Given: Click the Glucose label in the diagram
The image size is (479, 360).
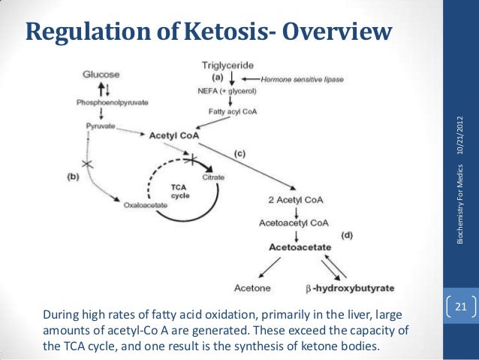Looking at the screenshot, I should [x=101, y=74].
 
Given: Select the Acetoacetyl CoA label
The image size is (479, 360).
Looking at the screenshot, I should [x=293, y=222].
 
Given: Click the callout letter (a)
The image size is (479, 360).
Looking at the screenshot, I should [x=217, y=77].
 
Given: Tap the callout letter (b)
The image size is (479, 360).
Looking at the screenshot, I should [x=74, y=176].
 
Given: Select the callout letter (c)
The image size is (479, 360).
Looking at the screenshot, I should [x=239, y=153].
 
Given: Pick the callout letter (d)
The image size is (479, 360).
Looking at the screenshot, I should [x=346, y=235].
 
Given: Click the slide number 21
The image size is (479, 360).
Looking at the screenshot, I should [x=461, y=306].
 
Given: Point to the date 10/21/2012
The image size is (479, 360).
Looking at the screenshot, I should [x=461, y=140].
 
